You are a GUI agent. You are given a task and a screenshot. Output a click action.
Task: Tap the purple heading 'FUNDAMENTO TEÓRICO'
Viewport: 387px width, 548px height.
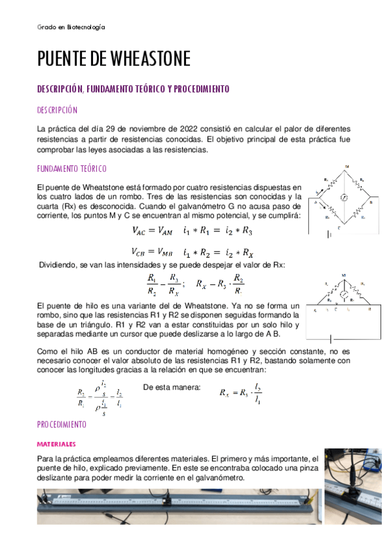tap(72, 169)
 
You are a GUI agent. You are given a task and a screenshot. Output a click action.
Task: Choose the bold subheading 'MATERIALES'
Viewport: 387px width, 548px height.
tap(57, 445)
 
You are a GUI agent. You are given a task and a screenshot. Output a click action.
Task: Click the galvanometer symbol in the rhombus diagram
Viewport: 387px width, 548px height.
tap(345, 195)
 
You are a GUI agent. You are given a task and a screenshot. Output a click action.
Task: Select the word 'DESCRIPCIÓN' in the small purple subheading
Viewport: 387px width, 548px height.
tap(57, 110)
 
